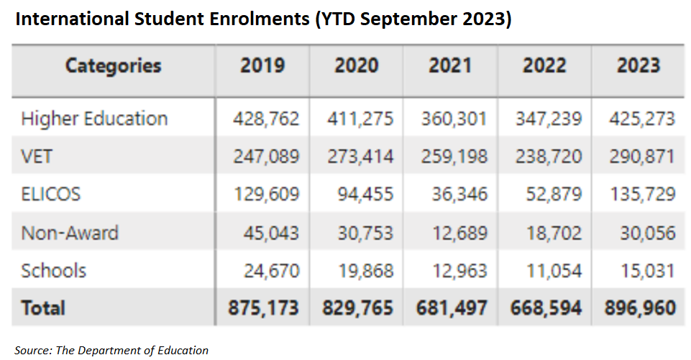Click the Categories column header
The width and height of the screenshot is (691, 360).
click(x=113, y=66)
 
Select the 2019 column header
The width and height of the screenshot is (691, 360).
click(x=262, y=66)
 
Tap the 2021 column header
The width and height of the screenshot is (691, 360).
click(x=450, y=66)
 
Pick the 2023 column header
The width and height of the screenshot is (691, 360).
click(x=639, y=66)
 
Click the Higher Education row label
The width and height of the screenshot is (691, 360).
click(x=94, y=119)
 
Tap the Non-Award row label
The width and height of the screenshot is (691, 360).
click(x=70, y=233)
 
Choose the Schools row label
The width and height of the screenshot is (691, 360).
click(x=54, y=271)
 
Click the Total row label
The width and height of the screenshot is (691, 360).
click(x=43, y=308)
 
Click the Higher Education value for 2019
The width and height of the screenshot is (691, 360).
click(x=266, y=119)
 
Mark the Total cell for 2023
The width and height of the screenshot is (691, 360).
click(x=640, y=308)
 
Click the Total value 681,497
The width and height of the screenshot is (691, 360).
click(x=452, y=308)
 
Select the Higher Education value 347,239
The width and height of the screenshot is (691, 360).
click(x=549, y=119)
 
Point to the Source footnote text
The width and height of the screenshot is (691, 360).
click(x=111, y=351)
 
